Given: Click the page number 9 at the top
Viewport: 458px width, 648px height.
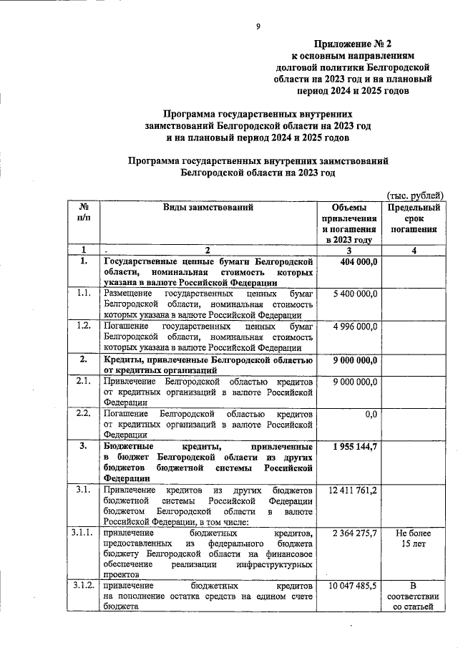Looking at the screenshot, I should click(258, 27).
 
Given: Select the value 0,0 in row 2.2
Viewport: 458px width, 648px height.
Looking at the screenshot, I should click(371, 414).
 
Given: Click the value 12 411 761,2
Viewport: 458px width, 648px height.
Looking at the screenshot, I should click(353, 490).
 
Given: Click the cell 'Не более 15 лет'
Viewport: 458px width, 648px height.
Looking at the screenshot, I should click(414, 539).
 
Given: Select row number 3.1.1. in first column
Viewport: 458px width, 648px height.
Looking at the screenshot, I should click(84, 533).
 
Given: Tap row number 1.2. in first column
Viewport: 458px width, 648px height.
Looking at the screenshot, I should click(84, 326).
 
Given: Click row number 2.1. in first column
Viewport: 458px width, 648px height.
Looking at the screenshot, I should click(84, 382).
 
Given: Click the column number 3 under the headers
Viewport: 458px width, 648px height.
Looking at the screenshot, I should click(349, 250).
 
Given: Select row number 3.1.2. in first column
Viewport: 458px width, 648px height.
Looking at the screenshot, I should click(84, 585).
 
